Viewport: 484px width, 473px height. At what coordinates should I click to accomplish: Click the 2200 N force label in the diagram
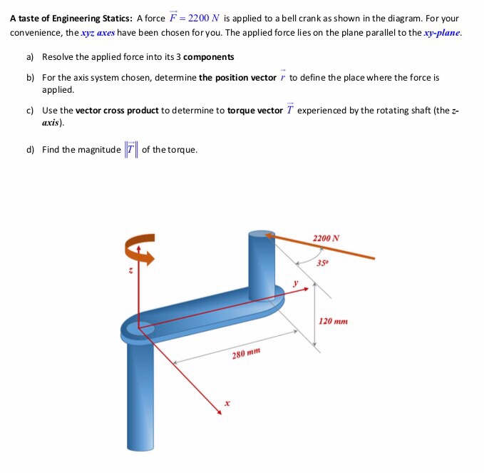[326, 238]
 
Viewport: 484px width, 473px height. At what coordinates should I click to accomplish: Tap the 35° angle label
[322, 263]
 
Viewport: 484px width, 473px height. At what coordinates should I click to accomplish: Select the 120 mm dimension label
[333, 322]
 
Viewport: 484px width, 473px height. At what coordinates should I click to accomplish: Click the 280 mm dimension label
[247, 354]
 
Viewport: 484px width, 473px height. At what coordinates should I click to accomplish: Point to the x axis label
[227, 404]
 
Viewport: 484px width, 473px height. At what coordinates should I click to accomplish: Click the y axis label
[294, 283]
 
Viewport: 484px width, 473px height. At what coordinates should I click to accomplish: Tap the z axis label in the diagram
[130, 270]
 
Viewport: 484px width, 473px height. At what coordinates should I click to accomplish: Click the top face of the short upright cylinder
[261, 234]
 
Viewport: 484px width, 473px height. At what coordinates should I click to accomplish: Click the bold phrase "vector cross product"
[118, 111]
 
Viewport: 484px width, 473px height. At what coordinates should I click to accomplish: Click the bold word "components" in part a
[208, 56]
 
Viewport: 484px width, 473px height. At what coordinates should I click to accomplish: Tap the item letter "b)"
[30, 77]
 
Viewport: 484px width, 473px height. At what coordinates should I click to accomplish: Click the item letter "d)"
[30, 150]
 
